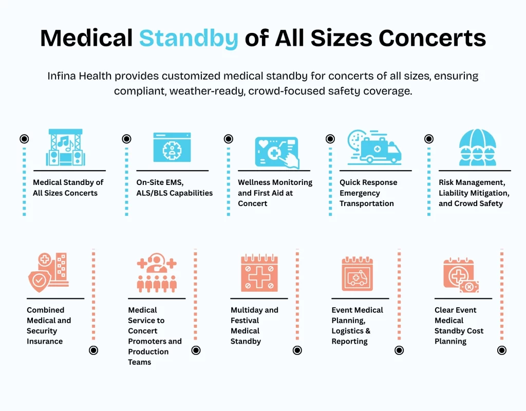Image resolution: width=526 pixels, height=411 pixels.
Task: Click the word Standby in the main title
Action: tap(189, 38)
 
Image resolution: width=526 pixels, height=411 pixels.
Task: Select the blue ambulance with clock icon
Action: tap(374, 147)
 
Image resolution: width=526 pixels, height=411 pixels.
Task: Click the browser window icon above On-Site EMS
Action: tap(172, 147)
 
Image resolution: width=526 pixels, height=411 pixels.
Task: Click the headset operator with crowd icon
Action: tap(157, 272)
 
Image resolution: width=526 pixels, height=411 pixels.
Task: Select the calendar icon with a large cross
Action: tap(259, 273)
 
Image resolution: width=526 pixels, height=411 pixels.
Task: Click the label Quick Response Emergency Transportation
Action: tap(368, 193)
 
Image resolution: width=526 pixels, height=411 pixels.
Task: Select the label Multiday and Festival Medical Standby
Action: tap(254, 326)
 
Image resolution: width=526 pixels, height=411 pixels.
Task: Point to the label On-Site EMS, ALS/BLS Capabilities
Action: tap(174, 188)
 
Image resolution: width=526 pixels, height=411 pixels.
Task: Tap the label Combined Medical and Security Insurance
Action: tap(49, 326)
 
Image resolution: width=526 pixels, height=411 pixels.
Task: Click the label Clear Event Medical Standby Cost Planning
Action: tap(459, 326)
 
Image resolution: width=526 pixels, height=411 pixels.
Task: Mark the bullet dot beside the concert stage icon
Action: tap(24, 139)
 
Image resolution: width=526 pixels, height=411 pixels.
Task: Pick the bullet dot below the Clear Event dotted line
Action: tap(502, 350)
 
